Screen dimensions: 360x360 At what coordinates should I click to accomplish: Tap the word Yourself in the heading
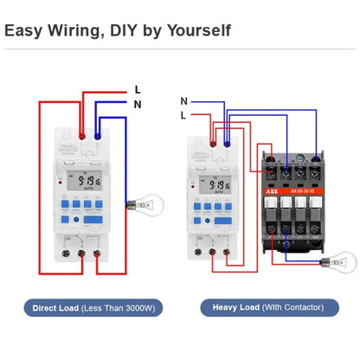click(x=197, y=30)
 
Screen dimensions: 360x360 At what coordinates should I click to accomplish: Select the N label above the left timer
click(x=137, y=105)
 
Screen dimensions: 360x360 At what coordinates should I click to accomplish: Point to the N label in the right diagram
click(x=183, y=101)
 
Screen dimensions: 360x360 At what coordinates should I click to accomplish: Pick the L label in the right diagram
click(x=183, y=115)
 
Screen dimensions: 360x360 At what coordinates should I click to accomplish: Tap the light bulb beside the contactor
click(x=345, y=260)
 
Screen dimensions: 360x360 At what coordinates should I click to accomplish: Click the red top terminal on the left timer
click(x=81, y=136)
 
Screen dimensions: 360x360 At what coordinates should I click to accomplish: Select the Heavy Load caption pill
click(x=269, y=308)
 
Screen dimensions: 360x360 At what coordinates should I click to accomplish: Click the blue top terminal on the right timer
click(x=227, y=136)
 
